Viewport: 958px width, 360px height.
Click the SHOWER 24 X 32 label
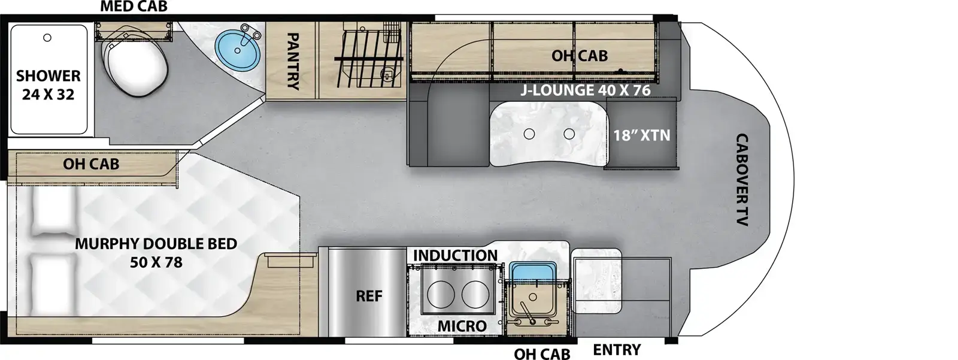click(x=48, y=85)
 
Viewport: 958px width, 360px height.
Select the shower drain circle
click(x=47, y=38)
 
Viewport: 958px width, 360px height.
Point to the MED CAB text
click(x=134, y=7)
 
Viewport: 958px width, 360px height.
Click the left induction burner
click(x=440, y=295)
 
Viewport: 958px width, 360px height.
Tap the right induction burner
click(x=475, y=295)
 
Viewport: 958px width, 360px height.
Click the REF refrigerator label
click(x=369, y=296)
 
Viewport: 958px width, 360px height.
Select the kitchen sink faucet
click(x=526, y=313)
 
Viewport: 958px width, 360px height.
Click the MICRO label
click(x=462, y=326)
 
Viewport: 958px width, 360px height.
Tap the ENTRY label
click(x=617, y=349)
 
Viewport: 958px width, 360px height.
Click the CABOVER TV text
click(x=742, y=180)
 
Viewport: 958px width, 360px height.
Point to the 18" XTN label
click(x=641, y=135)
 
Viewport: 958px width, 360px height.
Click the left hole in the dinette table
click(x=529, y=134)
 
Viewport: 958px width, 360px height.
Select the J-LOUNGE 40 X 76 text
click(x=584, y=91)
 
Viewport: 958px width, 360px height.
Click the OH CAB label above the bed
click(x=91, y=164)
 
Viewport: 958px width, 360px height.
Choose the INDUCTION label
click(x=455, y=255)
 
